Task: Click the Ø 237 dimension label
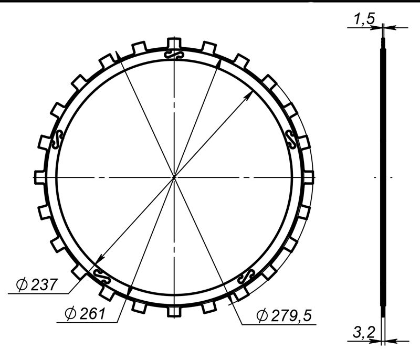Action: [37, 284]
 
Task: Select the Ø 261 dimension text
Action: [85, 313]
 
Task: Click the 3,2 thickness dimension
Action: [364, 332]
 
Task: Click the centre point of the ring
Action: [174, 177]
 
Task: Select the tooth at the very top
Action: [174, 43]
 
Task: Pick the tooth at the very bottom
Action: [174, 311]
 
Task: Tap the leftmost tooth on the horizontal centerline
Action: [40, 177]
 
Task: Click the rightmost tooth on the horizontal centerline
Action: [308, 177]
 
